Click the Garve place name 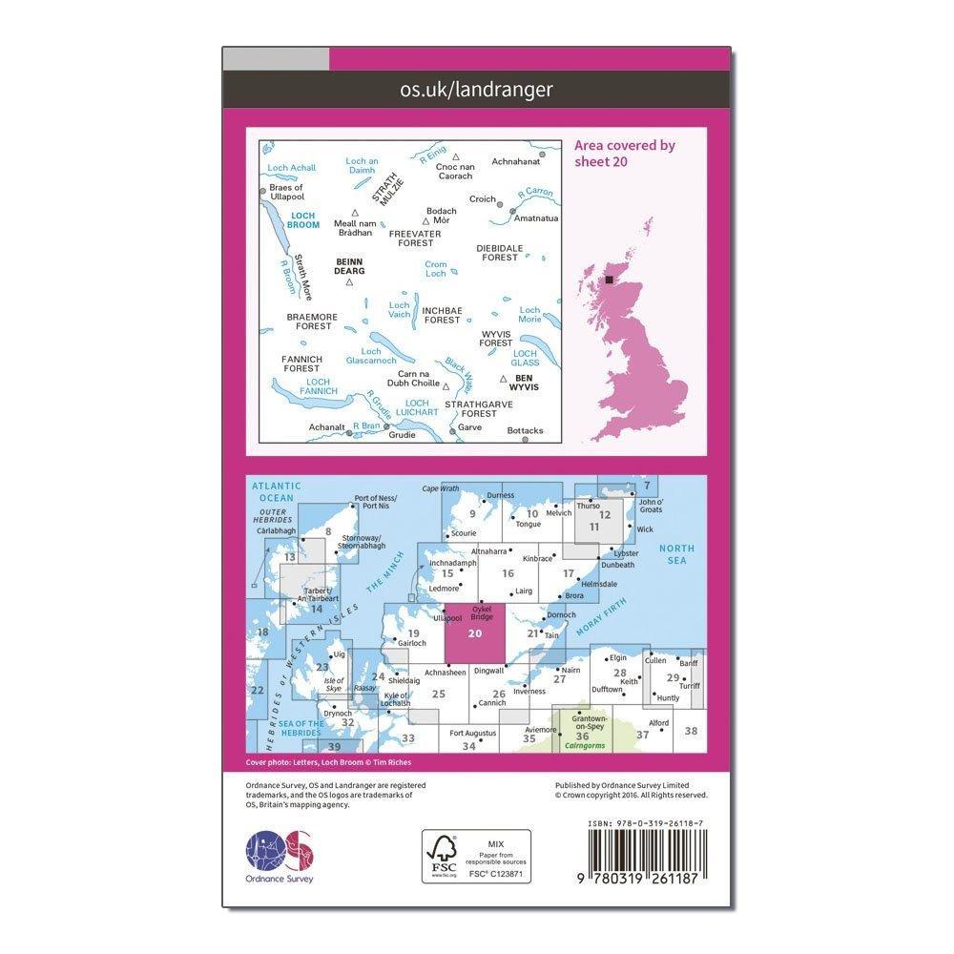(x=469, y=427)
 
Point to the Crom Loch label (x=435, y=269)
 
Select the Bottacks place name (x=525, y=430)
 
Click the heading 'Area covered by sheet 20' (x=624, y=153)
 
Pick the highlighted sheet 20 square (x=475, y=633)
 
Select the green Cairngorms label (x=581, y=747)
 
